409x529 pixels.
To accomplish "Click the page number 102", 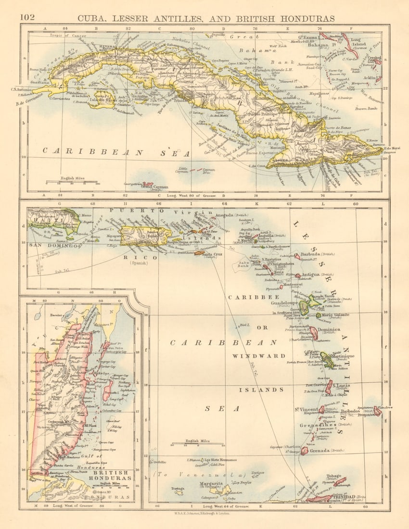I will tap(27, 17).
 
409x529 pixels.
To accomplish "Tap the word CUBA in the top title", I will tap(95, 18).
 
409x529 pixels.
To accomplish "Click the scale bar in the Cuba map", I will tap(72, 182).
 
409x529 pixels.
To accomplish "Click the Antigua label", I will tap(311, 275).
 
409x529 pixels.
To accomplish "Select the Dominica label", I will tap(328, 329).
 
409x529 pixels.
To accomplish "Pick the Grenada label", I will tap(319, 451).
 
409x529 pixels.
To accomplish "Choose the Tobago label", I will tap(333, 476).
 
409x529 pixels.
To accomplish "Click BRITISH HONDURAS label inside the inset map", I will tap(106, 475).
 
